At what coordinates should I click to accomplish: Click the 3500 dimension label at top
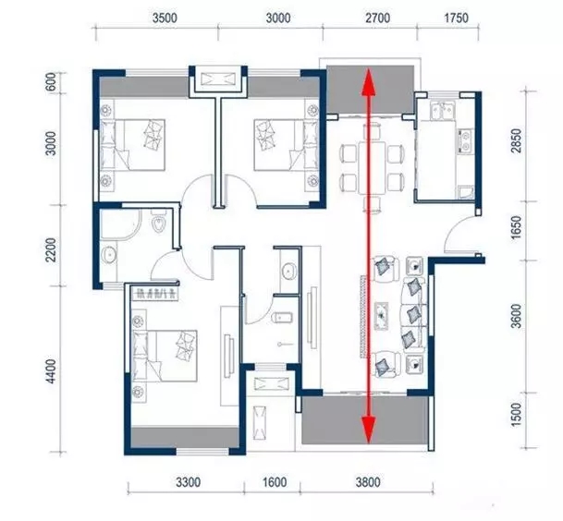tap(165, 18)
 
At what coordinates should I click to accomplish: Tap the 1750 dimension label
tap(457, 18)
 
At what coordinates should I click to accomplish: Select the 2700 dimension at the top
tap(378, 18)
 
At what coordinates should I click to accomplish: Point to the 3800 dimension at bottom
tap(368, 482)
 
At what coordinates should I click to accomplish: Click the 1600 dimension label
tap(275, 482)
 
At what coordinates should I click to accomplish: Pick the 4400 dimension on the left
tap(52, 371)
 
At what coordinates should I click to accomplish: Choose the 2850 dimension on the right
tap(516, 140)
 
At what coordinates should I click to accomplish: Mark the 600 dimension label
tap(52, 83)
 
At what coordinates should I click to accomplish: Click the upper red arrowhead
tap(368, 82)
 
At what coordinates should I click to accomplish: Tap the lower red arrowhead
tap(368, 430)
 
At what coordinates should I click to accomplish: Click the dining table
tap(372, 167)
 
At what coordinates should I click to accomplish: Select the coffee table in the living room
tap(381, 316)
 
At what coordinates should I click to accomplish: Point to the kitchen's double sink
tap(443, 110)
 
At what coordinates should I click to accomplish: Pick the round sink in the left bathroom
tap(108, 254)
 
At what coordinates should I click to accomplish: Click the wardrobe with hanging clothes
tap(155, 294)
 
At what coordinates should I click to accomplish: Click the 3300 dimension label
tap(189, 482)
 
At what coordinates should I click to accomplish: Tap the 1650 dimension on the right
tap(516, 227)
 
